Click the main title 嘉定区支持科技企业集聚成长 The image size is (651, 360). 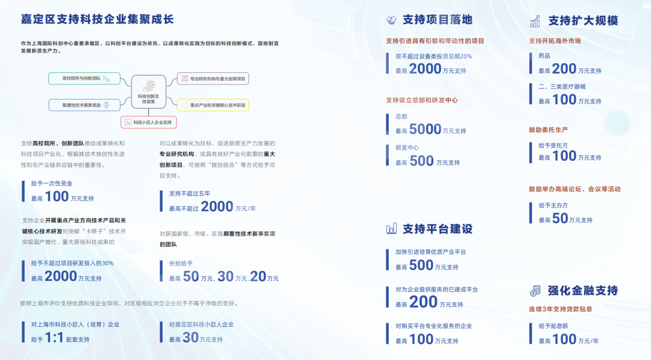97,19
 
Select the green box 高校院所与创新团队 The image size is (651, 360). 84,78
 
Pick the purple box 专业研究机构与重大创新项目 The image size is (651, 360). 213,78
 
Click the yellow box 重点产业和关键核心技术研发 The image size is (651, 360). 213,105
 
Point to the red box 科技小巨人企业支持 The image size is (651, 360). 148,122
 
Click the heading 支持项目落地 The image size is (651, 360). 438,20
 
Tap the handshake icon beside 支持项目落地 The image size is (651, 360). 391,21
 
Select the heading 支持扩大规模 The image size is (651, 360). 583,21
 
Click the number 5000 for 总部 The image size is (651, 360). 425,129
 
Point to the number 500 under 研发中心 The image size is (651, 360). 421,161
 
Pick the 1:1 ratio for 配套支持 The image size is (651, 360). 54,338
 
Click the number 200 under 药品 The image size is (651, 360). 564,69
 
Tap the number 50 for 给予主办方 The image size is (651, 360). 560,219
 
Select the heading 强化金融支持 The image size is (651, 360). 583,291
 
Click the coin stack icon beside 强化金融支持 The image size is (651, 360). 535,291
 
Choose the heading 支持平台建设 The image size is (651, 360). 438,229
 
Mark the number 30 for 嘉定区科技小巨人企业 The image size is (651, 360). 190,338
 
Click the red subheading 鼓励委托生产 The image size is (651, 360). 549,130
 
